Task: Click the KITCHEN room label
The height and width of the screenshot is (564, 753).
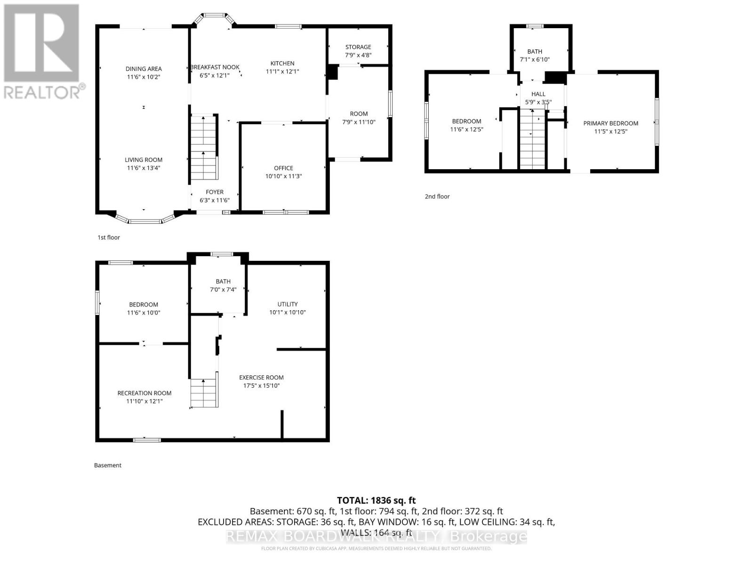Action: (282, 63)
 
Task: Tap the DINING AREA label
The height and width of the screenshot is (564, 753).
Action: (144, 69)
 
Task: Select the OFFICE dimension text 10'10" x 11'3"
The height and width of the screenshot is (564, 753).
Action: (283, 176)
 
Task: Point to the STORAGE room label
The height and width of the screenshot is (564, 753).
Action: (358, 47)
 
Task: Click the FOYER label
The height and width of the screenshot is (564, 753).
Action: (215, 192)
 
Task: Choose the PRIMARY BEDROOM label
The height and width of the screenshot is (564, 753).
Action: (611, 123)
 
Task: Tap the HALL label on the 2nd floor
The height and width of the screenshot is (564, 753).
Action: (538, 94)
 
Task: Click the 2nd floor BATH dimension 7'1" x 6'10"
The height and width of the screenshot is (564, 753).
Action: (535, 60)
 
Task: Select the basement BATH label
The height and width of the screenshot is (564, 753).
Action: (223, 282)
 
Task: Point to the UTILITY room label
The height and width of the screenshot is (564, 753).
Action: (288, 304)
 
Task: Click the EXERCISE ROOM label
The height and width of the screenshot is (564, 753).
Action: (261, 377)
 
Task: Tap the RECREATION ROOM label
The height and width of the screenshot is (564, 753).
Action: (144, 393)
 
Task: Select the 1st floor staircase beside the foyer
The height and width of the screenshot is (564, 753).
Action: (203, 148)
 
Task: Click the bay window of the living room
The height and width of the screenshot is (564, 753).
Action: (145, 219)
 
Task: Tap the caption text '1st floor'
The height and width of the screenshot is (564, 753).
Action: (109, 237)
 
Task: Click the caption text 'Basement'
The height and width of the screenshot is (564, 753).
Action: (108, 465)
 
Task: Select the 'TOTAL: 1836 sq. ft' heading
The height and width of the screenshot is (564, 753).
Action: (376, 501)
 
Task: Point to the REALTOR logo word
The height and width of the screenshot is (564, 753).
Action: (43, 92)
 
